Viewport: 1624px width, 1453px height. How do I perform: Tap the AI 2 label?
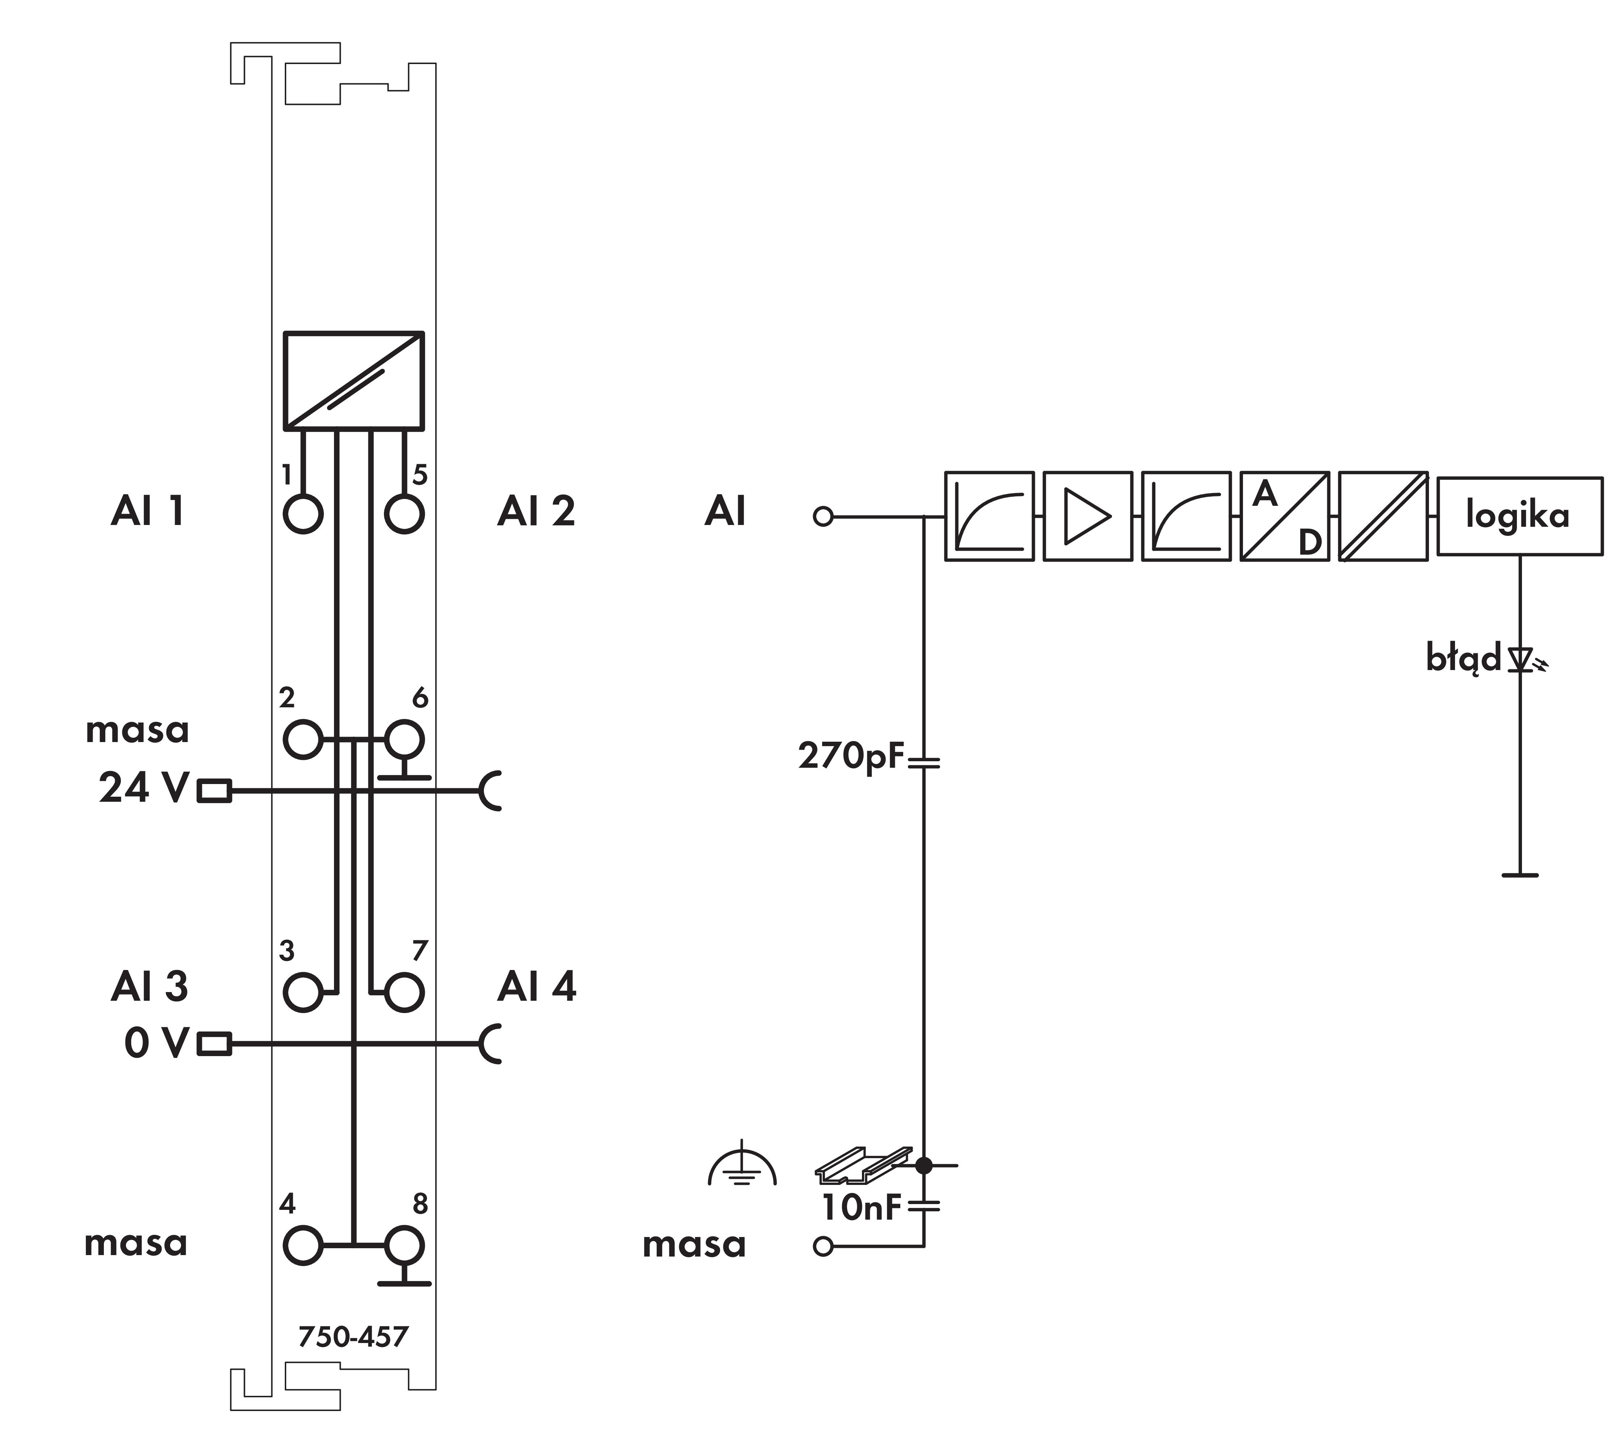pyautogui.click(x=536, y=511)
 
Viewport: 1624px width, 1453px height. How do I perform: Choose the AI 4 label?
pyautogui.click(x=536, y=987)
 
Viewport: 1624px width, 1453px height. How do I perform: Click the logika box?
pyautogui.click(x=1519, y=516)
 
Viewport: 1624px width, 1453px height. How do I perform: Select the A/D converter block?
pyautogui.click(x=1284, y=516)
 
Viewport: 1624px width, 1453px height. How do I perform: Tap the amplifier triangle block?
pyautogui.click(x=1087, y=516)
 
